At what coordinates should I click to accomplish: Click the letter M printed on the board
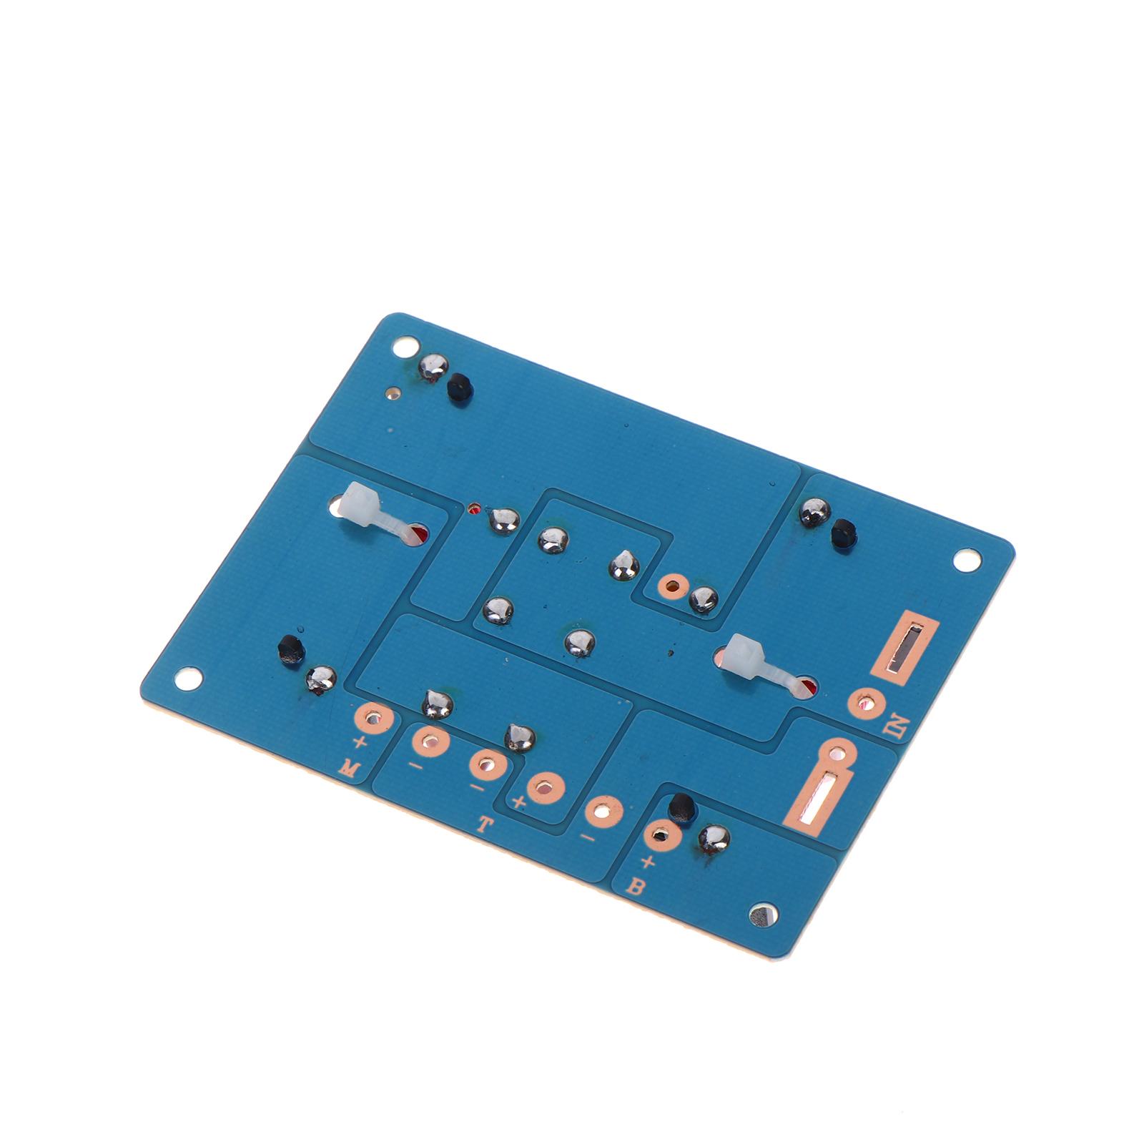click(348, 769)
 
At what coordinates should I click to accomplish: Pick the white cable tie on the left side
click(379, 514)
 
